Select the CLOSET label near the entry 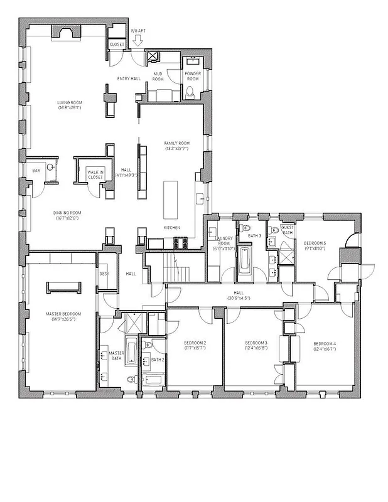(117, 45)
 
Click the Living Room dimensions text (70, 108)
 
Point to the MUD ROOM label (159, 77)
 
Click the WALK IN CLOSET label (95, 174)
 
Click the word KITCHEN (172, 227)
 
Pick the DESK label (105, 274)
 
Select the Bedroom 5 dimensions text (315, 248)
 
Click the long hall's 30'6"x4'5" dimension (239, 298)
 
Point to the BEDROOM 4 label (325, 343)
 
